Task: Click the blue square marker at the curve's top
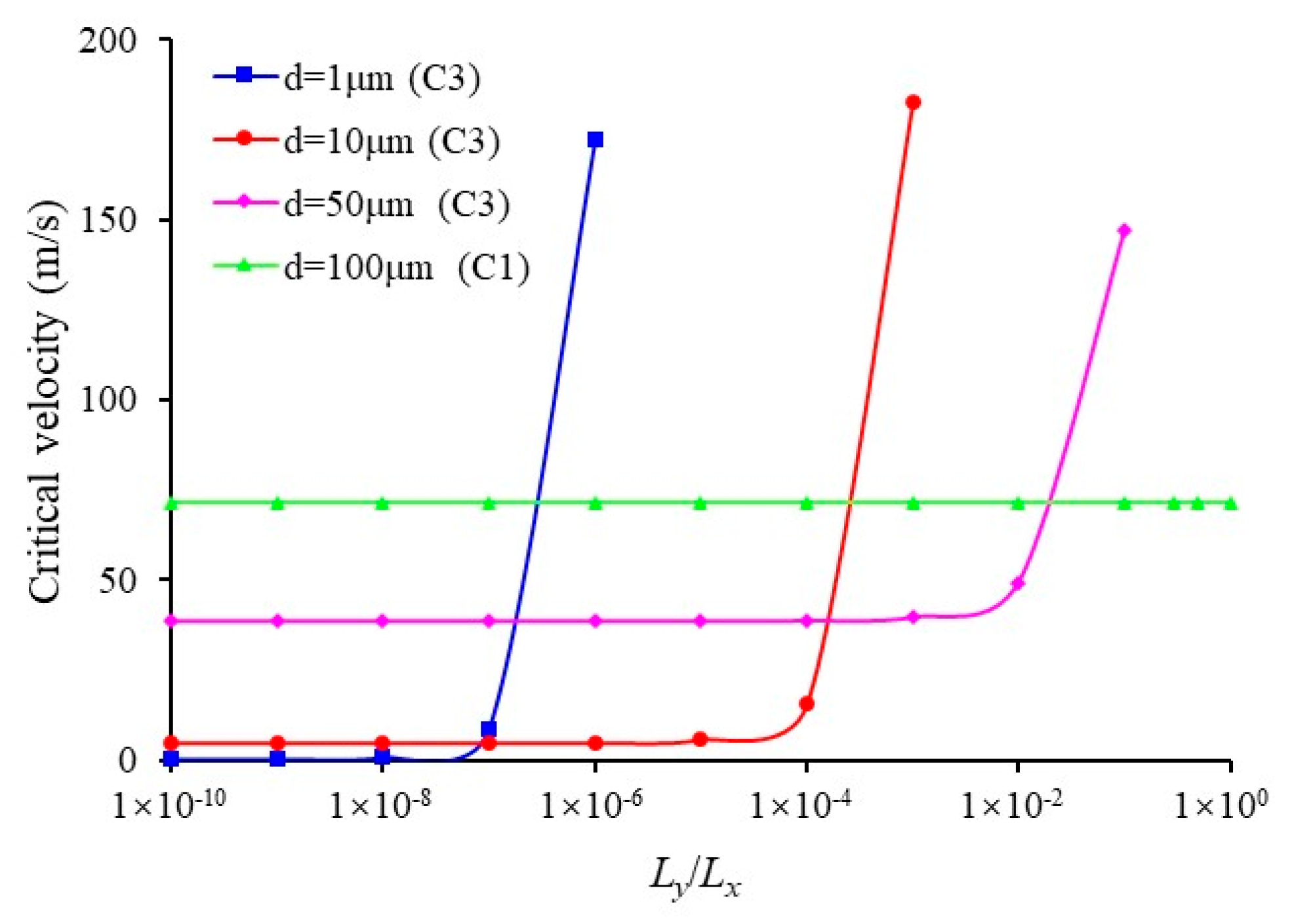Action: point(595,140)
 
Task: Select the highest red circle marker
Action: point(912,102)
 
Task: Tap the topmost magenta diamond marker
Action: point(1124,231)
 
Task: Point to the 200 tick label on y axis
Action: point(107,41)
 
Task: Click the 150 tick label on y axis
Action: point(107,220)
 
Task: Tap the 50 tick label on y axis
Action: point(117,579)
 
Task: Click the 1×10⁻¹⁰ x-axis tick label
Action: point(169,804)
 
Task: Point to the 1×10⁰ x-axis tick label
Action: point(1220,804)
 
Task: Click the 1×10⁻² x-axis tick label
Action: point(1012,804)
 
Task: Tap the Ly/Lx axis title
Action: point(695,878)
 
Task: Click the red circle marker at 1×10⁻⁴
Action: point(807,704)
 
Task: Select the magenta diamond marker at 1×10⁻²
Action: point(1017,583)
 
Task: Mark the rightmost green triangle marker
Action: point(1230,504)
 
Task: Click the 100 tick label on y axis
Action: point(107,400)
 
